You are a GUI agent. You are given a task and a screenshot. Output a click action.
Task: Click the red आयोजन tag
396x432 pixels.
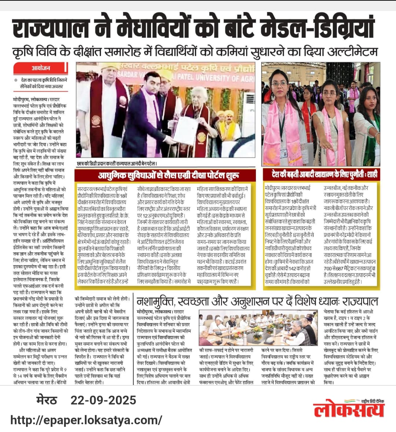click(40, 68)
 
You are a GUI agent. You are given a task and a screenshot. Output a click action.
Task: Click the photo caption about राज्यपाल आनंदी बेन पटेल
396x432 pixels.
click(117, 164)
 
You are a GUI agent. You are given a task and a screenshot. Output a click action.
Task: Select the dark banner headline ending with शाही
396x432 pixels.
click(324, 174)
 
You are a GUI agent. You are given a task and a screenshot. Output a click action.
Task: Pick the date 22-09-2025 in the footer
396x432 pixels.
click(103, 400)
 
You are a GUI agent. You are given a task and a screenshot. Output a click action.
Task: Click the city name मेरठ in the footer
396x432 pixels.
click(47, 400)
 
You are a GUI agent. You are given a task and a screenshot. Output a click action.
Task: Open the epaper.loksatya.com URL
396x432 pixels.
click(86, 419)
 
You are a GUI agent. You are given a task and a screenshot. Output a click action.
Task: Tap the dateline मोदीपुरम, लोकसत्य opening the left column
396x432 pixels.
click(35, 99)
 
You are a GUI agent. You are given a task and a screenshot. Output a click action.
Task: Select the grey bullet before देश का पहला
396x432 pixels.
click(16, 80)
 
